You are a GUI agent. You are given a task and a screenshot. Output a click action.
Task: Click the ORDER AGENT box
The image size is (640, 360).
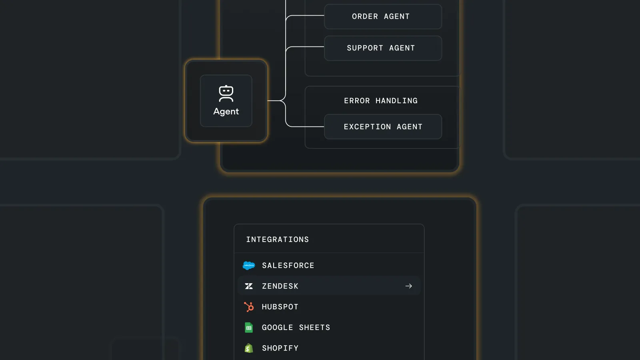click(x=383, y=16)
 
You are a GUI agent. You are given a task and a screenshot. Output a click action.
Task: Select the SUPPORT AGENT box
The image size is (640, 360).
click(x=383, y=48)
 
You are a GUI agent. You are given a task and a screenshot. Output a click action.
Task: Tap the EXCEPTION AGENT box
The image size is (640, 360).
click(x=383, y=126)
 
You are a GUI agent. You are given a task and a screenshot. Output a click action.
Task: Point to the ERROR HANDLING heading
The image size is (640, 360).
click(x=381, y=100)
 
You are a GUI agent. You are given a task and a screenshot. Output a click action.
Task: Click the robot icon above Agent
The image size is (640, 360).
click(x=226, y=94)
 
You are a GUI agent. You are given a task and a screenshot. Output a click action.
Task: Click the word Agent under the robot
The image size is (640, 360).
click(x=226, y=112)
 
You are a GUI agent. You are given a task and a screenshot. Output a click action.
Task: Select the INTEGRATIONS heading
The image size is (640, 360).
click(x=278, y=240)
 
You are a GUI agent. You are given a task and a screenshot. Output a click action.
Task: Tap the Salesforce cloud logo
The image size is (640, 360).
click(x=248, y=266)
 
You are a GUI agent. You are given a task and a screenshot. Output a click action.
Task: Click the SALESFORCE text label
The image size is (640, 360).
click(x=288, y=266)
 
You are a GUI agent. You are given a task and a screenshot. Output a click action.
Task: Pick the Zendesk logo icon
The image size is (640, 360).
click(x=249, y=286)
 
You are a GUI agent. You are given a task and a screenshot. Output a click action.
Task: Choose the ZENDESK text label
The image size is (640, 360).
click(x=280, y=286)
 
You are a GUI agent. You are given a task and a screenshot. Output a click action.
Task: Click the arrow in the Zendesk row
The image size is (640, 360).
click(x=408, y=286)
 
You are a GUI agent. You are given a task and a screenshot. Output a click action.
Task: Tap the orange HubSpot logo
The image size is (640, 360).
click(x=249, y=307)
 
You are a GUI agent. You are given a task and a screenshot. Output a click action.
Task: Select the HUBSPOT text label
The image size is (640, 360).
click(x=280, y=307)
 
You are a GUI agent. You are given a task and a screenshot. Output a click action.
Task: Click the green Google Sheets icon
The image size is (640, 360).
click(x=249, y=328)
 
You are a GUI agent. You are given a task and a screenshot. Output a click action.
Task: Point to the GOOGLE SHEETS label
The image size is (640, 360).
click(x=296, y=328)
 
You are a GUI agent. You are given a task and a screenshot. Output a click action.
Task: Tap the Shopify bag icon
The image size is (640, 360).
click(x=249, y=348)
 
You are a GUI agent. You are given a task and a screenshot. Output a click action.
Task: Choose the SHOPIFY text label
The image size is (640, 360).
click(x=280, y=348)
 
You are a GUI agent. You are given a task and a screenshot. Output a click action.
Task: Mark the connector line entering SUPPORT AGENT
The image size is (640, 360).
click(x=304, y=46)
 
